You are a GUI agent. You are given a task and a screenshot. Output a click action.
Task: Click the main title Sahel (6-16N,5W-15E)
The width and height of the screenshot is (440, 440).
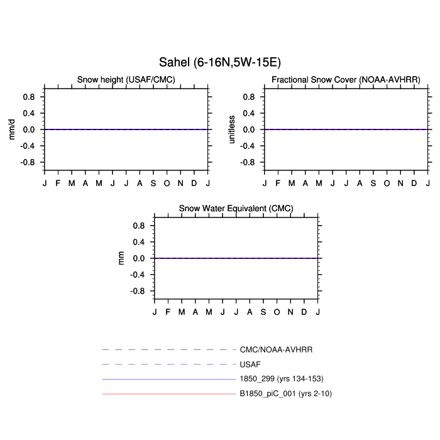pos(220,62)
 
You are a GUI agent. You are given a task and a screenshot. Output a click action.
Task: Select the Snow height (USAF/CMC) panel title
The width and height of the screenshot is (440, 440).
pos(126,80)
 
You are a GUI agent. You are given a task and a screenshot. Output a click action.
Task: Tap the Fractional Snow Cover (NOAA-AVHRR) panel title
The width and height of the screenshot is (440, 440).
pos(346,80)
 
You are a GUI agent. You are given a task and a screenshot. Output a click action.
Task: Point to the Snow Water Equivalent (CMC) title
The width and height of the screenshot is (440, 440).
pos(236,209)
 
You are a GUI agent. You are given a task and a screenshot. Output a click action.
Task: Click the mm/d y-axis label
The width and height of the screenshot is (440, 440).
pos(11,129)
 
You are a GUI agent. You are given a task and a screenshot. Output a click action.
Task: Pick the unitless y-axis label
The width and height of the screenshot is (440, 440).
pos(231,129)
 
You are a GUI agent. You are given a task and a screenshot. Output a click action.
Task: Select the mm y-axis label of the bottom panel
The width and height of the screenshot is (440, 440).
pos(121,258)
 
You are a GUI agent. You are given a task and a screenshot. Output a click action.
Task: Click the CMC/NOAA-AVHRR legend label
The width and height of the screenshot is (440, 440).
pos(276,349)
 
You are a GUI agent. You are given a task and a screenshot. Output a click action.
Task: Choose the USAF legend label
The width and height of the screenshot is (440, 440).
pos(250,365)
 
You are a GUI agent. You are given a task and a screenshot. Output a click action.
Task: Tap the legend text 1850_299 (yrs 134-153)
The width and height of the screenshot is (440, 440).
pos(282,379)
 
